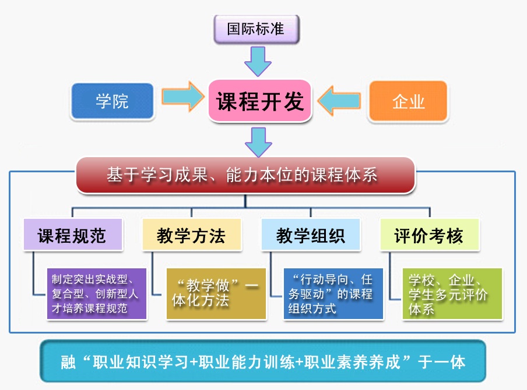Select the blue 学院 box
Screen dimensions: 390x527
tap(112, 101)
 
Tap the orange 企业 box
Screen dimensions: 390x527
tap(408, 101)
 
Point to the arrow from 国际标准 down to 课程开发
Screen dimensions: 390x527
tap(257, 61)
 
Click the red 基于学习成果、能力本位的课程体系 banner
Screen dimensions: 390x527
tap(245, 175)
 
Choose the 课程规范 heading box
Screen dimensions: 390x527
tap(72, 235)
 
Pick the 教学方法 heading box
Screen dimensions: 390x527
tap(191, 235)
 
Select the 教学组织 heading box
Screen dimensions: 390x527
tap(310, 235)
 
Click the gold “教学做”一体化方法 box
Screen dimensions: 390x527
tap(216, 293)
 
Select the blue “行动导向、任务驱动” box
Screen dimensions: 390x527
tap(333, 293)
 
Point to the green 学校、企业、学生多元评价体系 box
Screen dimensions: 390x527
tap(452, 293)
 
